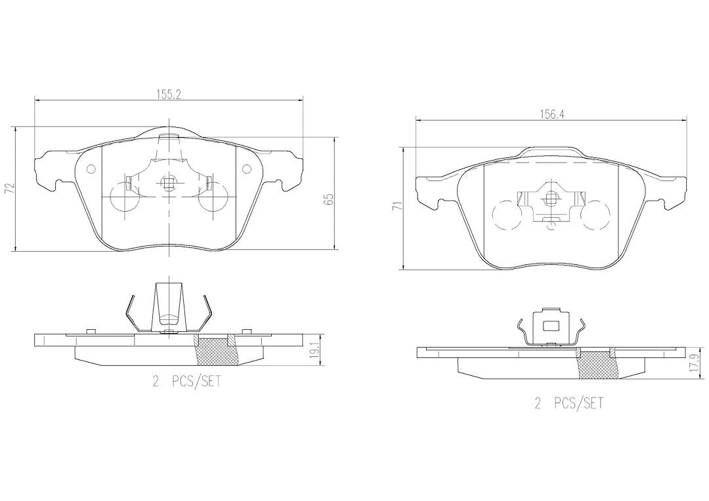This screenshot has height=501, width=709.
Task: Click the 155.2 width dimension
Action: click(169, 93)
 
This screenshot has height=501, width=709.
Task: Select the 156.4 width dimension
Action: click(552, 113)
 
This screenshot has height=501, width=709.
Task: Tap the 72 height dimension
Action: click(9, 189)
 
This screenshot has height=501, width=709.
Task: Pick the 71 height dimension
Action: click(397, 207)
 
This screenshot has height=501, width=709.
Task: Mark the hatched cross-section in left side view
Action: click(217, 351)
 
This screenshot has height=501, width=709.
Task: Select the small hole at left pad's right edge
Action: click(247, 170)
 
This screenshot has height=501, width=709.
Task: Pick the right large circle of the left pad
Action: click(213, 198)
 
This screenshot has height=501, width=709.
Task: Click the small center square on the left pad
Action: click(169, 184)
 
